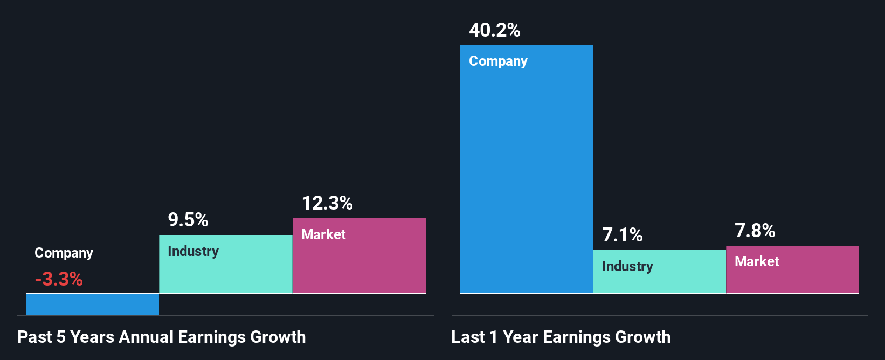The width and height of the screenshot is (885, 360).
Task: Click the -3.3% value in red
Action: (59, 279)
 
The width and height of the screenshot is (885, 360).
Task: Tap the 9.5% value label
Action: (188, 220)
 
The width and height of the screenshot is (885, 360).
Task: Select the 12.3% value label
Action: (327, 203)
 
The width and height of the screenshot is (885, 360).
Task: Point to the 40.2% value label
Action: (495, 30)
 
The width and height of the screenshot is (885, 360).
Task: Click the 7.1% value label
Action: (623, 235)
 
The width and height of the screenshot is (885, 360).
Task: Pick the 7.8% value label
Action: (755, 231)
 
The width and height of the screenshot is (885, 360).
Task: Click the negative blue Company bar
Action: (92, 304)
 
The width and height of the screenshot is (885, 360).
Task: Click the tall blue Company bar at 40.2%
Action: (526, 178)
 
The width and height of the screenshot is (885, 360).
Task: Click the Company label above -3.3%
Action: (64, 253)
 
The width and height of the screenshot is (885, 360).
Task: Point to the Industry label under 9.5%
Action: (193, 251)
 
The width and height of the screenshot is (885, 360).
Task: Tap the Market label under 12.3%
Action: (323, 234)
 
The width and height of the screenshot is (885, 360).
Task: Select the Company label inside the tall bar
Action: (498, 61)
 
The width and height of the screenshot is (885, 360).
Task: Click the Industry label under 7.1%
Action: (627, 266)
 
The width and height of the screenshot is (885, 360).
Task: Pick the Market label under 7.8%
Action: (757, 261)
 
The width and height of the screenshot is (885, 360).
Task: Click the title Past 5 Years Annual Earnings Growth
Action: (162, 337)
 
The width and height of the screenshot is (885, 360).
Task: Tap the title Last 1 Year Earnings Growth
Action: (561, 337)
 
